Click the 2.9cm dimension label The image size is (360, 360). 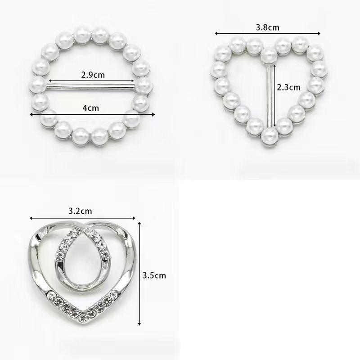click(x=93, y=75)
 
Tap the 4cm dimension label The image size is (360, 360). click(x=91, y=108)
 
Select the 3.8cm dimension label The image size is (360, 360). click(x=267, y=27)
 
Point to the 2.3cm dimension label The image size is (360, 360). click(x=288, y=87)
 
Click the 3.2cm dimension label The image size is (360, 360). click(x=80, y=211)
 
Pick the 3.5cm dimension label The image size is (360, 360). click(x=154, y=275)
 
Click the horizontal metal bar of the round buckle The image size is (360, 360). click(x=91, y=87)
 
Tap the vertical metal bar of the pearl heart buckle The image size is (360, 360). click(x=269, y=96)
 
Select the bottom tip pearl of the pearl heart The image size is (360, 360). click(x=270, y=137)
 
